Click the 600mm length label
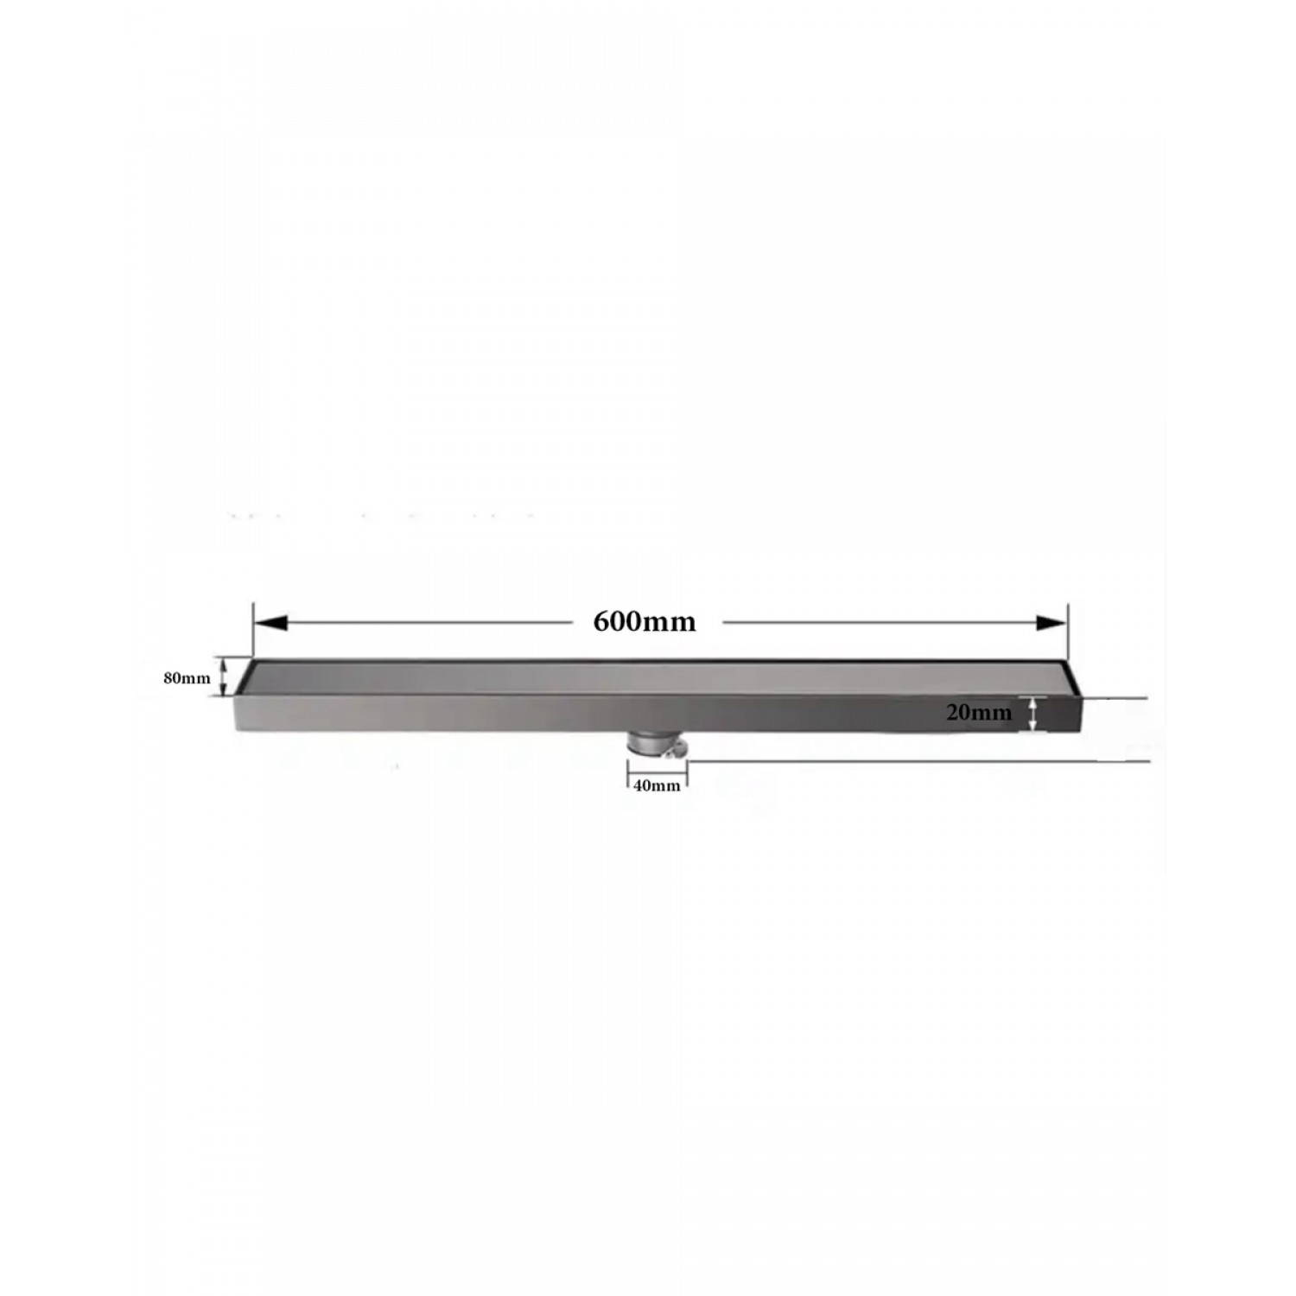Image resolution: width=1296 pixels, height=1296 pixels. (645, 622)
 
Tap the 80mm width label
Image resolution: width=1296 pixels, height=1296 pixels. (187, 678)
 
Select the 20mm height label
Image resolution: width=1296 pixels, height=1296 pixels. (978, 714)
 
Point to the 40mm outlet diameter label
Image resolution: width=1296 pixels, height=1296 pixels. (657, 786)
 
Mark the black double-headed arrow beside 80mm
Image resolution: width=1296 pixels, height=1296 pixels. (225, 677)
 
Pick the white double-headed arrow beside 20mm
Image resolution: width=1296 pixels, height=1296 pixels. (1032, 714)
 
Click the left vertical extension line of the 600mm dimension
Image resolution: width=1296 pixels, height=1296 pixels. (252, 631)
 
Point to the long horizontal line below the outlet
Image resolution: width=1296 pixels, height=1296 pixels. (916, 762)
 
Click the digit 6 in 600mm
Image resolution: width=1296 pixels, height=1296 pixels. (602, 622)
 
